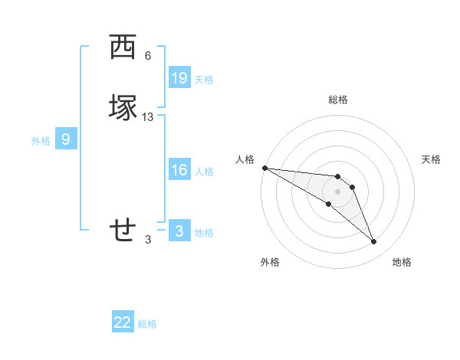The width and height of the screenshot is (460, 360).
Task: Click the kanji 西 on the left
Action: pyautogui.click(x=122, y=47)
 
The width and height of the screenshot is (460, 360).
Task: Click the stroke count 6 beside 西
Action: pyautogui.click(x=148, y=56)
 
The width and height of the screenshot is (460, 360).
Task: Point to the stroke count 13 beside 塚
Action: pyautogui.click(x=148, y=117)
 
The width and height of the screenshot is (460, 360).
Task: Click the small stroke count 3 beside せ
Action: pyautogui.click(x=148, y=240)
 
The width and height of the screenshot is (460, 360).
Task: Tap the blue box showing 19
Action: pyautogui.click(x=179, y=78)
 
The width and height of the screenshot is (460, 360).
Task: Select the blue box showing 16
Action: pyautogui.click(x=179, y=170)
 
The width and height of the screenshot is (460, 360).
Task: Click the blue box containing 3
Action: pyautogui.click(x=179, y=231)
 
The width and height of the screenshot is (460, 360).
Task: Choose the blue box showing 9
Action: pyautogui.click(x=66, y=139)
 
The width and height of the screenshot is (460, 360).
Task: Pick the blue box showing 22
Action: pyautogui.click(x=123, y=322)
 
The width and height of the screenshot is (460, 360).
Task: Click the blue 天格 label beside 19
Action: pyautogui.click(x=204, y=79)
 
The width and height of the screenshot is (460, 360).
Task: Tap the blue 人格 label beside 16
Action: pyautogui.click(x=204, y=171)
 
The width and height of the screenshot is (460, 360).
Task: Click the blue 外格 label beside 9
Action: pyautogui.click(x=41, y=140)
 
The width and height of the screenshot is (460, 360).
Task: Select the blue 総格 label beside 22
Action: pyautogui.click(x=147, y=324)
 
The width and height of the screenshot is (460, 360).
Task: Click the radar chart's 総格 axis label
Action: pyautogui.click(x=337, y=100)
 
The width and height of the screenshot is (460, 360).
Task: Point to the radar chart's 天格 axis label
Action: pyautogui.click(x=432, y=159)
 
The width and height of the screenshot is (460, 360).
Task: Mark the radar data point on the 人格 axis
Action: pyautogui.click(x=264, y=168)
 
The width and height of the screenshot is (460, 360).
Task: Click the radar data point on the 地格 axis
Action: pyautogui.click(x=374, y=242)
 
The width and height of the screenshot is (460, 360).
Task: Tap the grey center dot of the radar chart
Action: pyautogui.click(x=337, y=191)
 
